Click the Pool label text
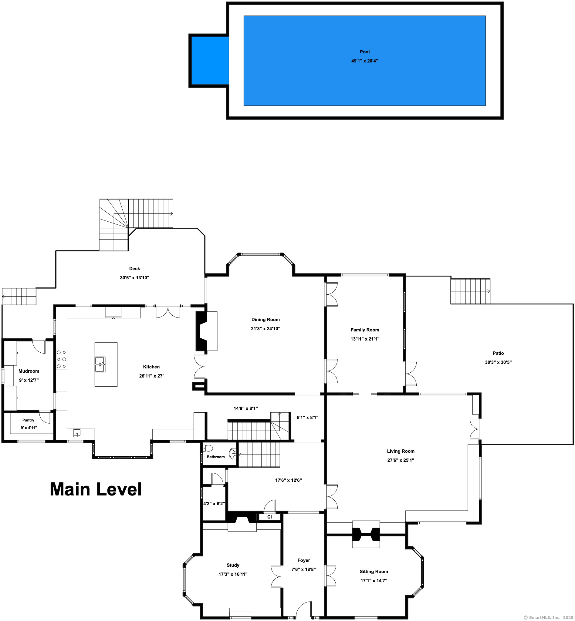point(365,52)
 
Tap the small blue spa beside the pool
point(210,61)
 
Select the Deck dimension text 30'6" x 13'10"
point(135,278)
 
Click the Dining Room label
point(266,320)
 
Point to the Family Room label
point(365,330)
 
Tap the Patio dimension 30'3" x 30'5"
point(498,362)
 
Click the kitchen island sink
point(100,364)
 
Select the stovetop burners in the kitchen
point(61,359)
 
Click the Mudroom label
point(29,371)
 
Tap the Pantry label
point(28,420)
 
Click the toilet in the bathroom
point(208,448)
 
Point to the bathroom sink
point(233,454)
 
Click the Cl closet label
point(269,517)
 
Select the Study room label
point(233,565)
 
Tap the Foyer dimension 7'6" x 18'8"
point(304,569)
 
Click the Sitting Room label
point(374,572)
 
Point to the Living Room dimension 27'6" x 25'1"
point(401,460)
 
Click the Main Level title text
point(96,489)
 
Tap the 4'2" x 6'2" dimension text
point(214,503)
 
